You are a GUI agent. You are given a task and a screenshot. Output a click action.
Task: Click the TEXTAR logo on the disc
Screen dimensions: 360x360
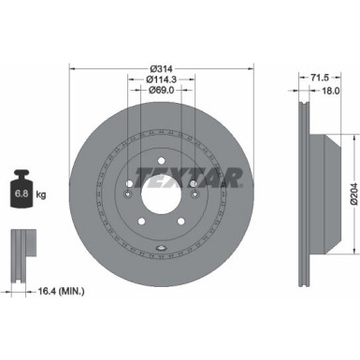[x=202, y=177]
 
